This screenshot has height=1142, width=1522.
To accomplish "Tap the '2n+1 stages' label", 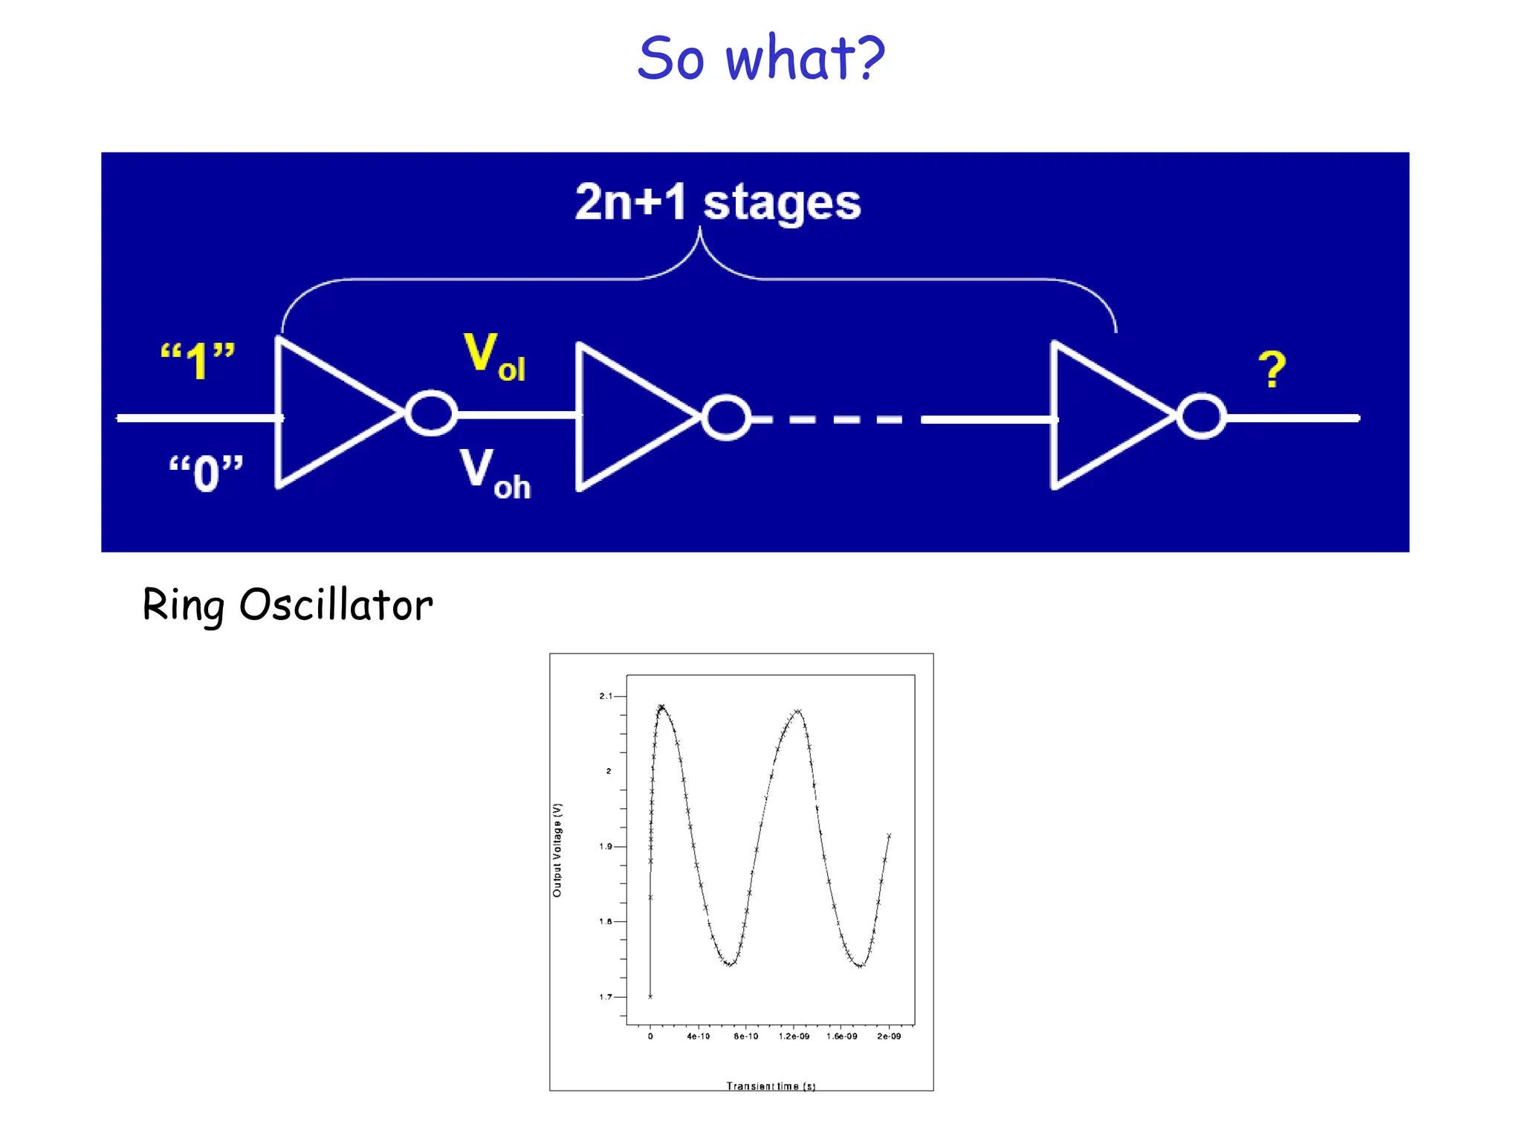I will coord(718,202).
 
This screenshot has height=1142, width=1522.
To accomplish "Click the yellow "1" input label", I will coord(198,361).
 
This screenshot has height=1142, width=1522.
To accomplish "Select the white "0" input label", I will coord(206,473).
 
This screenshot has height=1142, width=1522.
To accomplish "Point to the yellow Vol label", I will coord(494,357).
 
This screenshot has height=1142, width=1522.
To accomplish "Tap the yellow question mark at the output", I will coord(1272,370).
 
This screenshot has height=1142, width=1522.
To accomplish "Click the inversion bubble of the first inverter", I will coord(431,413).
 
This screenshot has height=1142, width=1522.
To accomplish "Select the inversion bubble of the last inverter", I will coord(1202,416).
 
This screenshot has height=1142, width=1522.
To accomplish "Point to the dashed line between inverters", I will coord(836,420).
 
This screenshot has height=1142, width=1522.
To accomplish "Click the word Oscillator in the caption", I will coord(336,604).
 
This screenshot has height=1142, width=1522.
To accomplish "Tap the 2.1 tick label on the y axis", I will coord(606,696).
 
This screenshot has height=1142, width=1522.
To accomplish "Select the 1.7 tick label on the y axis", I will coord(606,997).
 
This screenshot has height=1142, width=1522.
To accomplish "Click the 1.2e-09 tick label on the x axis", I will coord(794,1036).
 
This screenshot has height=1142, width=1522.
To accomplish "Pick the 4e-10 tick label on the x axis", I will coord(698,1036).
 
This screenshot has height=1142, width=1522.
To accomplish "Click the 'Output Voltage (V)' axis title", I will coord(557,850).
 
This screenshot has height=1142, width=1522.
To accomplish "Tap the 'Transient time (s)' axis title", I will coord(771,1086).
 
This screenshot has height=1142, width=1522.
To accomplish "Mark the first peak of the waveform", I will coord(661,707).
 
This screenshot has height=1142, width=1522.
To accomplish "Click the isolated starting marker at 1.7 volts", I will coord(650,996).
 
